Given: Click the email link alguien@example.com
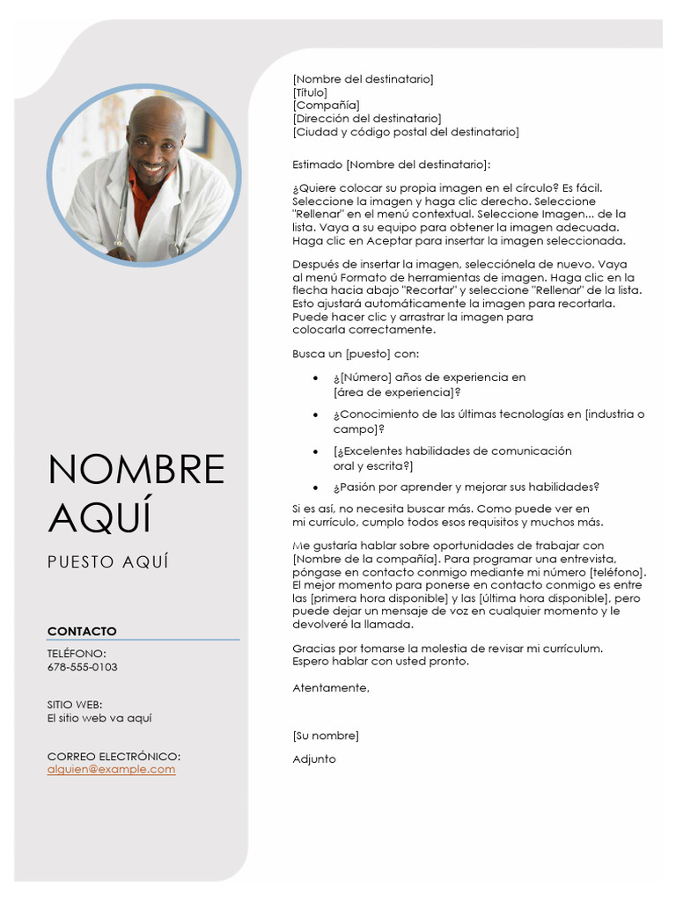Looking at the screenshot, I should tap(111, 769).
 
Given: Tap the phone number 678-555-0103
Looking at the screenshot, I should tap(82, 667).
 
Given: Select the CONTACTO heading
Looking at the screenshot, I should tap(82, 631).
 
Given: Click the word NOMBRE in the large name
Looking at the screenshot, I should tap(136, 470).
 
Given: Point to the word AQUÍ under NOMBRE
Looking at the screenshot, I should tap(99, 516).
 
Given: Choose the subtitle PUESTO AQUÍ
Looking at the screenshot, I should tap(107, 562).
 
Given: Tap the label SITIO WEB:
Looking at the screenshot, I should tap(75, 705).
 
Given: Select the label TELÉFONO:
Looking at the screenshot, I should tap(77, 654).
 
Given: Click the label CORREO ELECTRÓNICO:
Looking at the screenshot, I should tap(114, 756).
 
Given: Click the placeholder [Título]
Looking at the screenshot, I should tap(310, 92).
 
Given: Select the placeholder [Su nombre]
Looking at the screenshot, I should tap(326, 736).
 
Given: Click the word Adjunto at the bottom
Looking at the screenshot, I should tap(314, 759).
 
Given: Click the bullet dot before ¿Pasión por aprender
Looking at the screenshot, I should tap(316, 487).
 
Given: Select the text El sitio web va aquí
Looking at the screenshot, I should tap(99, 718).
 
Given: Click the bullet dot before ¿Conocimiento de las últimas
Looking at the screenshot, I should tap(316, 414).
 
